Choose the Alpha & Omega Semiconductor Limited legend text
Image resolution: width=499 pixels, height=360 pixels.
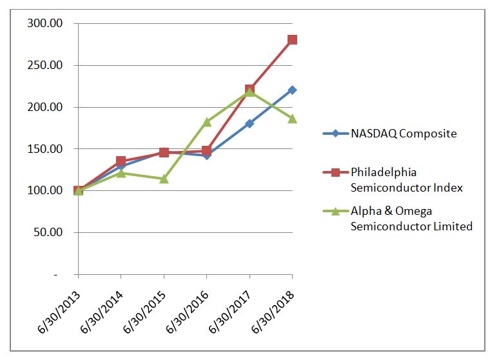point(411,218)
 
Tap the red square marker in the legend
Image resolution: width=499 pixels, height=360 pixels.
point(335,173)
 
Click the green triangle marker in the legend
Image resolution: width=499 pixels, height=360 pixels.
point(335,212)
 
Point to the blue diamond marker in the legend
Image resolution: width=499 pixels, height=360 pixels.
point(335,134)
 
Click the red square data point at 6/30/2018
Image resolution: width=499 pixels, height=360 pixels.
point(292,40)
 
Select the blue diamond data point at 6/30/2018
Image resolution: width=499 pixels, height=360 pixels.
point(292,90)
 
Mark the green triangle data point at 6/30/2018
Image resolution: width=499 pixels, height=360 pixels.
point(292,119)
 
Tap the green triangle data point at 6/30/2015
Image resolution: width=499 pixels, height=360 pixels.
point(164,179)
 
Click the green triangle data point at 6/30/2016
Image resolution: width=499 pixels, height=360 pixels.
point(206,122)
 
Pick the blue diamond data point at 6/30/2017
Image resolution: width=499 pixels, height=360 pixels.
point(249,123)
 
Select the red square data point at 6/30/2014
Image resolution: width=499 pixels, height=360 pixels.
point(121,161)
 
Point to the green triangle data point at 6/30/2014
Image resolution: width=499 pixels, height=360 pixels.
point(121,173)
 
